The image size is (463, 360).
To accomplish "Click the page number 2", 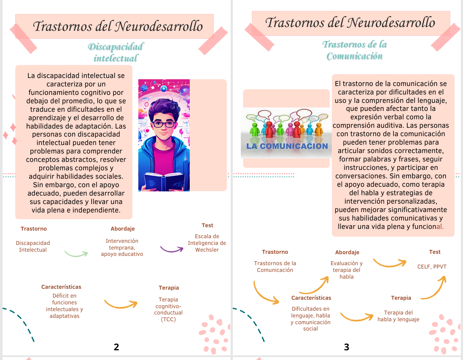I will click(x=116, y=347).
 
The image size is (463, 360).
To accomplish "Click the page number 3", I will click(x=347, y=347).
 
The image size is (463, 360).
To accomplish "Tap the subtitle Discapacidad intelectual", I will click(x=116, y=52).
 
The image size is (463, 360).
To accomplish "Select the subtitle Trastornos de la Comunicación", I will click(x=355, y=50).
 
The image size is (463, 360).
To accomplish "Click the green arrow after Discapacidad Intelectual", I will click(x=76, y=254).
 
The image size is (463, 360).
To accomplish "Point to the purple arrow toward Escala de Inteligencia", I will click(x=172, y=249).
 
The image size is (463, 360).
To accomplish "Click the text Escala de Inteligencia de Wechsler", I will click(x=207, y=243).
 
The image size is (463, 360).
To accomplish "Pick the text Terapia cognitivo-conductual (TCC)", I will click(x=168, y=309).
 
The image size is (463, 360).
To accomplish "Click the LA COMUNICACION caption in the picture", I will click(x=287, y=146).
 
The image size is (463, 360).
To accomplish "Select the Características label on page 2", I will click(x=61, y=287).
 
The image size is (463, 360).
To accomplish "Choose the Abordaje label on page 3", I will click(x=347, y=252).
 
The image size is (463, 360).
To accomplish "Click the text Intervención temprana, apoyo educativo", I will click(x=122, y=247).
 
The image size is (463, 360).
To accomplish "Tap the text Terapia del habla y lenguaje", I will click(x=398, y=316).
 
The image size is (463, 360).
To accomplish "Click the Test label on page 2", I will click(x=207, y=226).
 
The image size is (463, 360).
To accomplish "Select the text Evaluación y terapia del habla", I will click(x=347, y=270).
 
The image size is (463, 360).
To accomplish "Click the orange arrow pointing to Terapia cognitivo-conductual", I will click(x=121, y=304).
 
